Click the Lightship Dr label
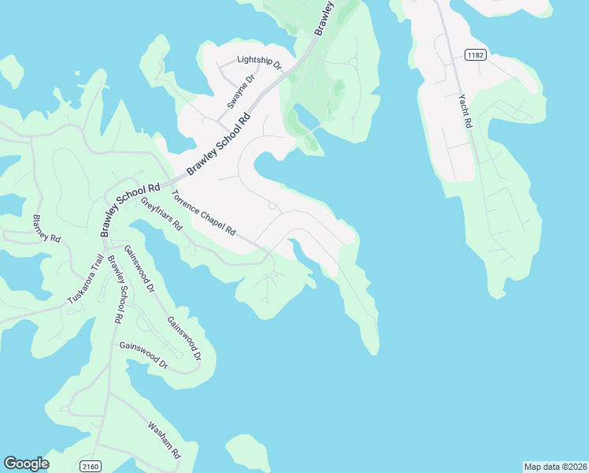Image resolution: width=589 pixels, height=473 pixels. (x=259, y=62)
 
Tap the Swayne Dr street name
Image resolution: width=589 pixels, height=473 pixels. (x=236, y=91)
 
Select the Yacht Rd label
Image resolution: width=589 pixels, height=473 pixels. (x=465, y=111)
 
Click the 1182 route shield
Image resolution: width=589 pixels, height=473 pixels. (x=475, y=54)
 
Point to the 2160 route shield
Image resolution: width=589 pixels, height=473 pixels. (x=90, y=467)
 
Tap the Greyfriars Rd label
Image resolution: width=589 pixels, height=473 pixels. (x=161, y=213)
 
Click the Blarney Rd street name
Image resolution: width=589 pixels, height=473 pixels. (x=46, y=228)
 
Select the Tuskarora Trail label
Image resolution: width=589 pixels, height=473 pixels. (x=85, y=279)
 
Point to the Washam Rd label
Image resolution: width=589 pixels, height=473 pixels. (x=165, y=441)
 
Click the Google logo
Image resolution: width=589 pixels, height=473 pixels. (x=26, y=464)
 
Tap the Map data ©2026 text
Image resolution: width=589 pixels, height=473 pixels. (x=554, y=467)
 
